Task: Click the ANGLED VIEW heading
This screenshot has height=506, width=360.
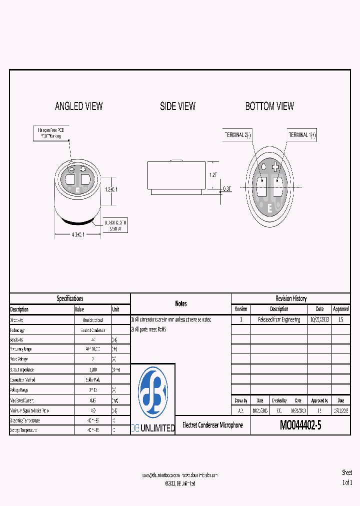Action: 78,106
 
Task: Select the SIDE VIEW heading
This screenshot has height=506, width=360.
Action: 177,106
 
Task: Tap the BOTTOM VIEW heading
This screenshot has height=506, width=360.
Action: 269,106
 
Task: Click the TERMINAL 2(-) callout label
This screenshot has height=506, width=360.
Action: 238,135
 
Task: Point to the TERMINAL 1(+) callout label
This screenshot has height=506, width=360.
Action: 302,135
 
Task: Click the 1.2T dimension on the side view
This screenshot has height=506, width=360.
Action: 213,175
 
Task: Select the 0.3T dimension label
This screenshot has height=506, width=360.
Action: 227,189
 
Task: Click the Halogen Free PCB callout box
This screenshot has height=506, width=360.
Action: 50,132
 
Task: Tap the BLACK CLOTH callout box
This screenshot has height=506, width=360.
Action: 115,224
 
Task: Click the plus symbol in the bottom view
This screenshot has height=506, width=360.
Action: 275,168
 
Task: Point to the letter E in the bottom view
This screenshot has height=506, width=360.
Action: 270,207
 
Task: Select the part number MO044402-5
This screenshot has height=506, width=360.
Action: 300,425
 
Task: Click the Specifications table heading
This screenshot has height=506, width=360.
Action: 70,298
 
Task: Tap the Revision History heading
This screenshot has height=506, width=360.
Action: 290,298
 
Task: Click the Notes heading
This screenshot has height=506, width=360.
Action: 180,303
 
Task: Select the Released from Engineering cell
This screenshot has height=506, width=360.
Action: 279,319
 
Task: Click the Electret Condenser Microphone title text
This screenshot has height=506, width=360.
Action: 212,425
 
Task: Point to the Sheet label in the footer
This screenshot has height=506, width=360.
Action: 347,472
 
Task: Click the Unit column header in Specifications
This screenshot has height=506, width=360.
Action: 116,309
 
